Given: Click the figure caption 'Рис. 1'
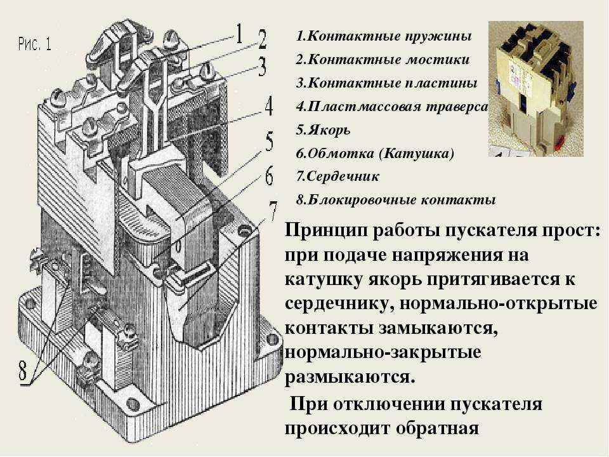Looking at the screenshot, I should click(34, 44).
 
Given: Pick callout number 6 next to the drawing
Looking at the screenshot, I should click(269, 176).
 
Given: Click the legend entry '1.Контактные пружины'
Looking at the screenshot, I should click(383, 36).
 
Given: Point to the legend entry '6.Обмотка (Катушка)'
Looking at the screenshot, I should click(375, 153).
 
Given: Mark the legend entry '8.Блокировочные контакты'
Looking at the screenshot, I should click(395, 200).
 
